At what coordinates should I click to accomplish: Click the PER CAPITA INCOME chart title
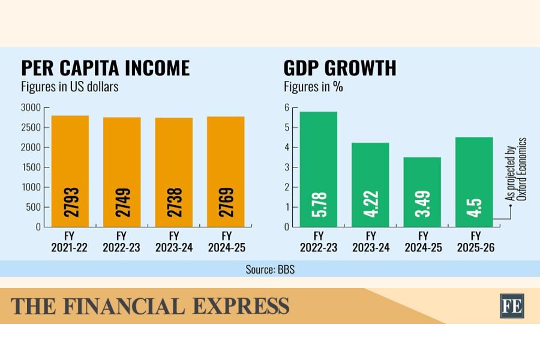(x=106, y=68)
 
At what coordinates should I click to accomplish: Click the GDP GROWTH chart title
(x=340, y=68)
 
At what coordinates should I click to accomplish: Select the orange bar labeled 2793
(x=70, y=171)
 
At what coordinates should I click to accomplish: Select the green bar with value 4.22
(x=370, y=185)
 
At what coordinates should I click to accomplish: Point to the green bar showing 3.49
(x=422, y=192)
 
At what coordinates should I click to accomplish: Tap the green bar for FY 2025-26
(x=474, y=182)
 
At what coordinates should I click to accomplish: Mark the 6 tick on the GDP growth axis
(x=287, y=108)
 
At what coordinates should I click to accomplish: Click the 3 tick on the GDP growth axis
(x=287, y=167)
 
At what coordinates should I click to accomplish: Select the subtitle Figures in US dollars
(x=70, y=86)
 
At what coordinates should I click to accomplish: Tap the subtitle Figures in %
(x=313, y=86)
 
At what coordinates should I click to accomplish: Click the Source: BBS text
(x=270, y=269)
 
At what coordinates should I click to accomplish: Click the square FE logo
(x=512, y=305)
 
